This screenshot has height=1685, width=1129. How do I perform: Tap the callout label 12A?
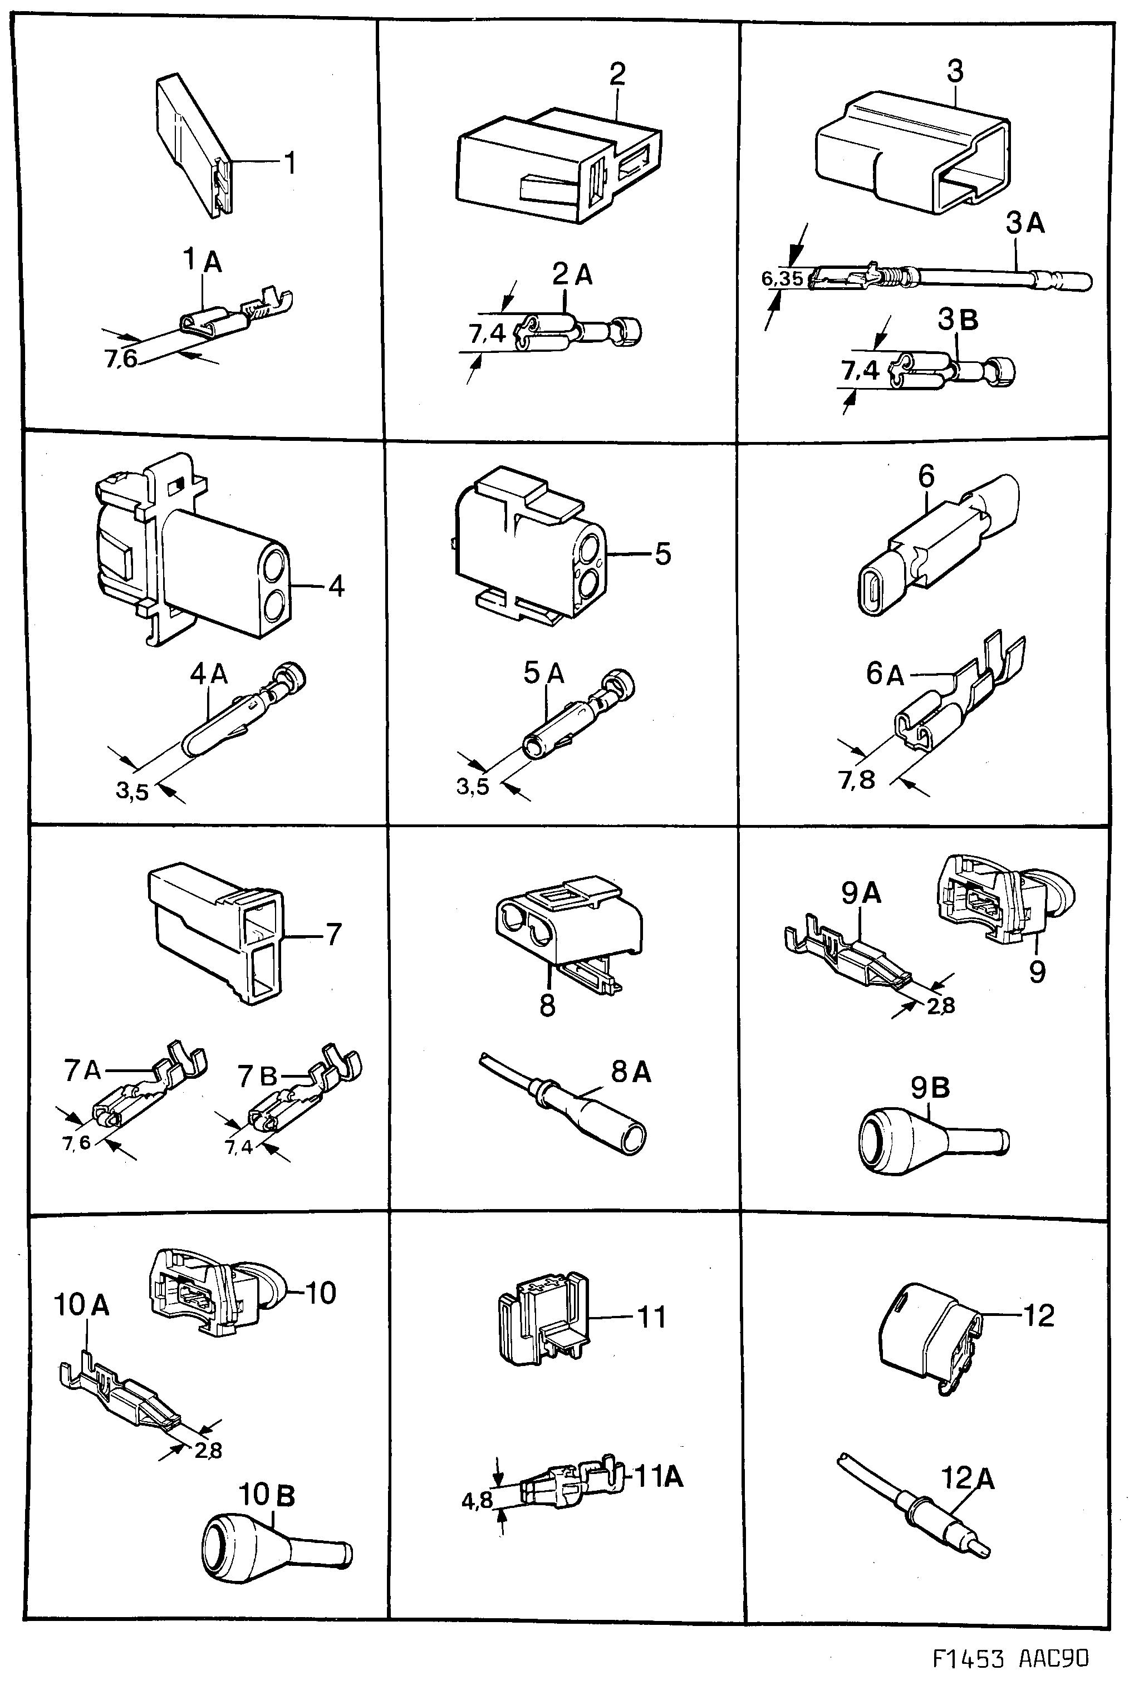point(969,1478)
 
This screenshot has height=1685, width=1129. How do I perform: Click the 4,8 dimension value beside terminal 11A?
point(477,1501)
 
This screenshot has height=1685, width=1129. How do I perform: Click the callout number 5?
point(662,554)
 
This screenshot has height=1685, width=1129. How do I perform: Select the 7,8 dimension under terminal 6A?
point(857,779)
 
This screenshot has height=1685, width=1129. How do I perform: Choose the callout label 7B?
point(257,1076)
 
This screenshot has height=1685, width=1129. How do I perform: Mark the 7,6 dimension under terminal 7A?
point(76,1143)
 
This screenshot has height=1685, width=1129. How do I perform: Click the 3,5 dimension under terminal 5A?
point(472,787)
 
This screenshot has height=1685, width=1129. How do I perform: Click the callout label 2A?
point(572,274)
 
